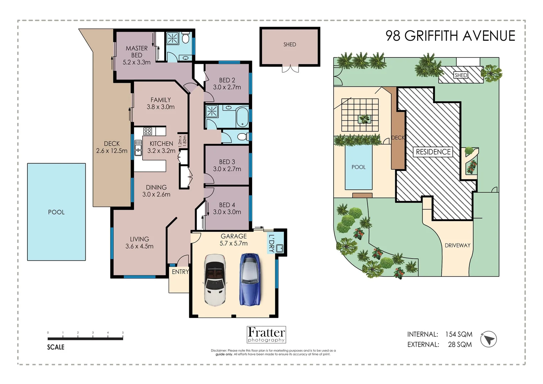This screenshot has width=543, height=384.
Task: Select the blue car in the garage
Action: coord(250,279)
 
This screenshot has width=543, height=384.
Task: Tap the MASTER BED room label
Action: coord(136,52)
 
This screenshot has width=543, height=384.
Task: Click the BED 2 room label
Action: coord(227,80)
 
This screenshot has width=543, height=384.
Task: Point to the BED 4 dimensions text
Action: coord(227,212)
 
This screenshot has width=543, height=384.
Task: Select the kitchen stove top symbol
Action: coord(147,131)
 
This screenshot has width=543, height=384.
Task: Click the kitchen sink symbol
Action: coord(138,148)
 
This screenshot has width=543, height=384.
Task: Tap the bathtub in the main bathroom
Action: coord(242,116)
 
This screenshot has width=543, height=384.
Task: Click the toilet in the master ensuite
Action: coord(186,38)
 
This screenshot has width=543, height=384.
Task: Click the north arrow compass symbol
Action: coord(488,339)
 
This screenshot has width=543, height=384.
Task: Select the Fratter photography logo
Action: coord(266,335)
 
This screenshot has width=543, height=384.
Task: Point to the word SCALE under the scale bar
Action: coord(56,347)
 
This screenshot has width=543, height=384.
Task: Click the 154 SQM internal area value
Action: coord(458,334)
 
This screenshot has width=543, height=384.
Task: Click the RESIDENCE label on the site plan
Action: coord(433,152)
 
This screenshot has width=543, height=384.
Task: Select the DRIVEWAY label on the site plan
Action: coord(457,245)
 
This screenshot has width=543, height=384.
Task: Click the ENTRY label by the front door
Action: coord(180,272)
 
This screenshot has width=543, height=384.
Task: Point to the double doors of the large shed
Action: coord(290,69)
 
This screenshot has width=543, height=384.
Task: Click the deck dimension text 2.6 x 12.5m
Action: coord(112,151)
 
